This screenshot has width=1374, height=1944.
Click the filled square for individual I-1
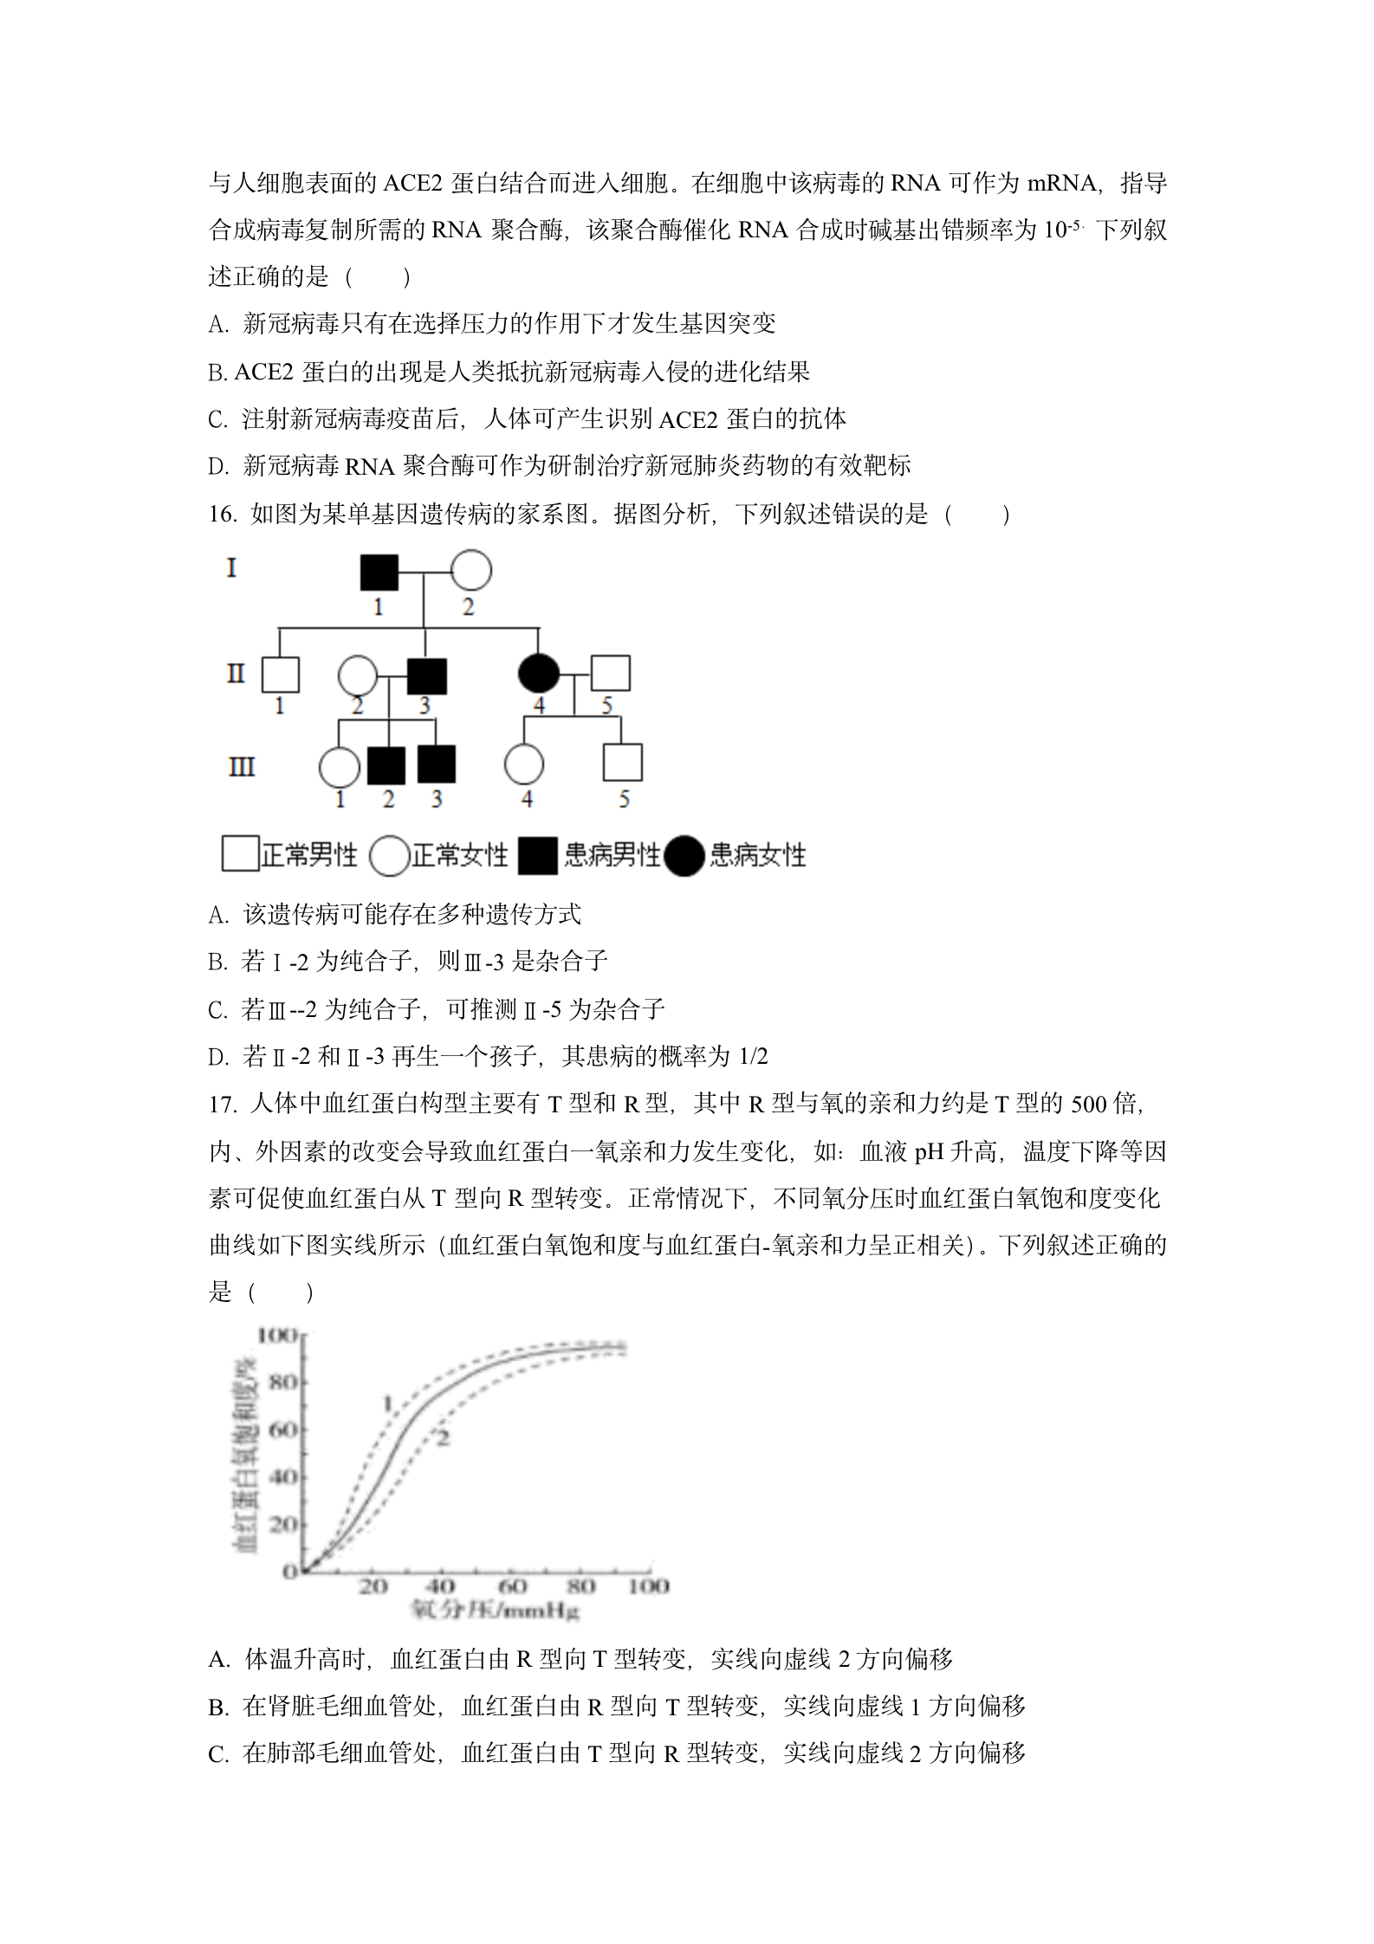coord(379,572)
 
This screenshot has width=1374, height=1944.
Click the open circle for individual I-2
coord(470,571)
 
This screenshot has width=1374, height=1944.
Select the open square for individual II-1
coord(280,675)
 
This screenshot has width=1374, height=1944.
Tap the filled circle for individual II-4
coord(538,674)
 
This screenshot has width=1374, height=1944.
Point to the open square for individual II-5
coord(610,673)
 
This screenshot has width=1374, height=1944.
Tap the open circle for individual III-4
coord(524,765)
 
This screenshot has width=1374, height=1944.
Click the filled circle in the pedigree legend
coord(684,856)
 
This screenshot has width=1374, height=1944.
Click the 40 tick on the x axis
coord(440,1586)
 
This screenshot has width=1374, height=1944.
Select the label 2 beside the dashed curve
coord(443,1439)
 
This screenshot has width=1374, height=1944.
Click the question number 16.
coord(223,515)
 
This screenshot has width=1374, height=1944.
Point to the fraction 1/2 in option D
coord(752,1057)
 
